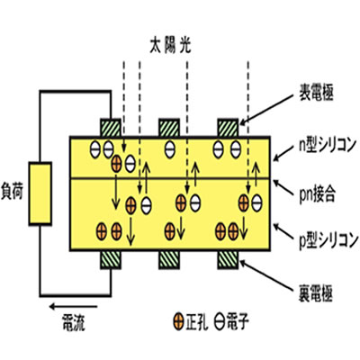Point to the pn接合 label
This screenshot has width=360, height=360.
tap(317, 193)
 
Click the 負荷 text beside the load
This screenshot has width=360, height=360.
tap(12, 192)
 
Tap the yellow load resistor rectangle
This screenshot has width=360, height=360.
tap(40, 193)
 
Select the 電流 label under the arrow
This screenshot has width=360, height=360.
tap(73, 323)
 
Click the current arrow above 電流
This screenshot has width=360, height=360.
tap(73, 307)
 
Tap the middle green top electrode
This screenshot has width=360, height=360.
tap(169, 128)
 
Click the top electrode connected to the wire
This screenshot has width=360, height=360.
tap(111, 128)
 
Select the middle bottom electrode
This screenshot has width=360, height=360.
tap(169, 259)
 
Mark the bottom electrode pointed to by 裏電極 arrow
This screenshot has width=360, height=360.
tap(229, 259)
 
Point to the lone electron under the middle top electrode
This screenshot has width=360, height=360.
tap(169, 149)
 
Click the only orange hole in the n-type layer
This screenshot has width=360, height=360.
tap(116, 164)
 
